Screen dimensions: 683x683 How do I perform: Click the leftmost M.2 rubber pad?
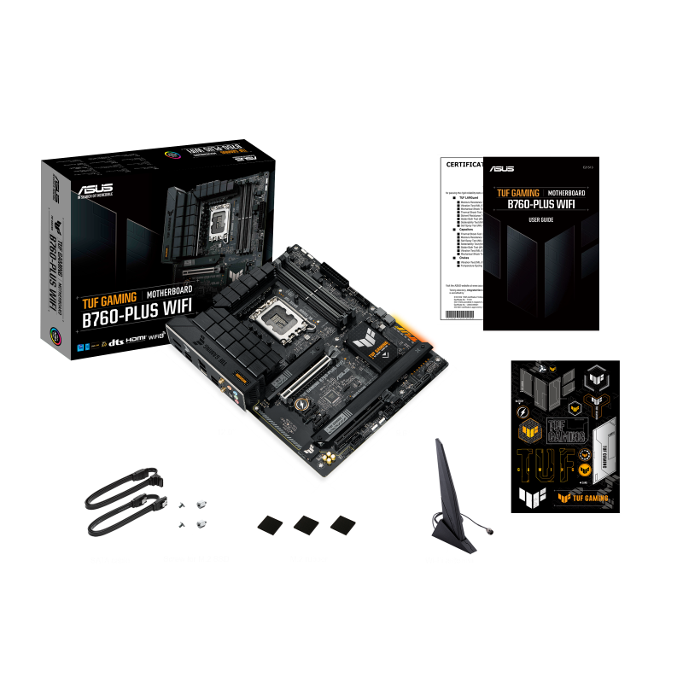point(270,523)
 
